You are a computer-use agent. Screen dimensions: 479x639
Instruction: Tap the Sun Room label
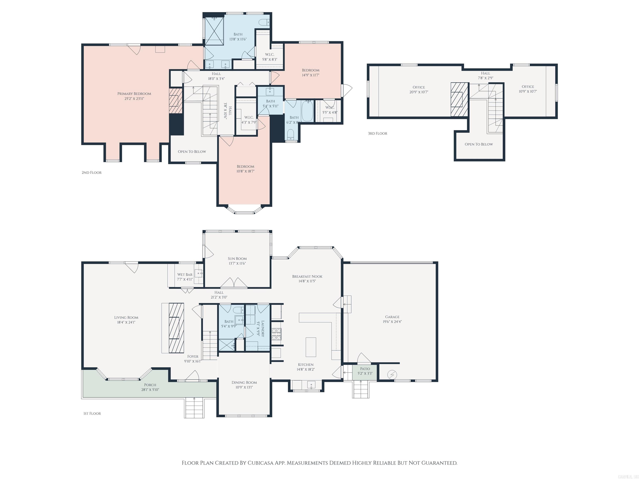[237, 259]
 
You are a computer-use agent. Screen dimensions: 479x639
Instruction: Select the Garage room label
[392, 317]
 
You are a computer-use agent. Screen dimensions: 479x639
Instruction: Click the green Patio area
[365, 373]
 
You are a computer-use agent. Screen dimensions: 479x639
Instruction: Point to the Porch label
[150, 385]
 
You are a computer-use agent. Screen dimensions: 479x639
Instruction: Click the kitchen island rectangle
[311, 347]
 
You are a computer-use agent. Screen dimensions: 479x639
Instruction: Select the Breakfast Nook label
[307, 277]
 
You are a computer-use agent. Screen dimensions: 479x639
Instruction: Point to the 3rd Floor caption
[377, 133]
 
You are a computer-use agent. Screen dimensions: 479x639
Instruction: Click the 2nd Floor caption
[92, 173]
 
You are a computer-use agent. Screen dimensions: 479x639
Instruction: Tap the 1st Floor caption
[92, 414]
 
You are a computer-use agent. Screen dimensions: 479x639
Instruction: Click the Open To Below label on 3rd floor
[479, 144]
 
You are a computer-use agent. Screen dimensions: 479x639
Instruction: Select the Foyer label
[193, 357]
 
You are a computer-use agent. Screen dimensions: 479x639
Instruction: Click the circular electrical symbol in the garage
[392, 375]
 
